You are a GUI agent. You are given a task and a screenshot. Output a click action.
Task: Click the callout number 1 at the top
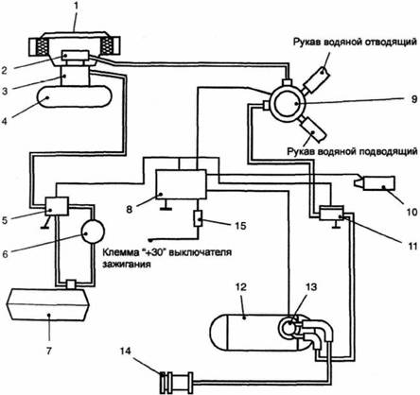tap(75, 7)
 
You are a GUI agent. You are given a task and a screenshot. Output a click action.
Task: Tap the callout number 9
tap(413, 99)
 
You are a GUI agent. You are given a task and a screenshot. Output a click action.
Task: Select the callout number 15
tap(240, 226)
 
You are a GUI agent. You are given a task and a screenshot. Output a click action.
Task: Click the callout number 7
tap(48, 351)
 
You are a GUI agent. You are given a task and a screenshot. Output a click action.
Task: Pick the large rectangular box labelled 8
tap(181, 184)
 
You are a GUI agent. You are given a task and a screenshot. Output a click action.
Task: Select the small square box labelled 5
tap(57, 206)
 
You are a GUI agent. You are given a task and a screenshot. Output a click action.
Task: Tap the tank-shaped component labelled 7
tap(48, 304)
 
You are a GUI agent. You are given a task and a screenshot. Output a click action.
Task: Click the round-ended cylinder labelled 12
tap(253, 333)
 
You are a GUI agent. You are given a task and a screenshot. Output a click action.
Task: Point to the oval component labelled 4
tap(75, 96)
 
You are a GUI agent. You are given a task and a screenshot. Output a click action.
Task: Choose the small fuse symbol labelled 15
tap(198, 218)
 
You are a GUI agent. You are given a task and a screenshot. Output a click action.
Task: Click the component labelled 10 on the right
tap(376, 183)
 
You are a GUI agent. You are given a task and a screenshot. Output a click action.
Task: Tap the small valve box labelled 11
tap(331, 214)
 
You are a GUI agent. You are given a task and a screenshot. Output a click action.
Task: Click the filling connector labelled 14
tap(177, 381)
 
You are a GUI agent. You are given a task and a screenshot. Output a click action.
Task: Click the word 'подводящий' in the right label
tap(386, 152)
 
